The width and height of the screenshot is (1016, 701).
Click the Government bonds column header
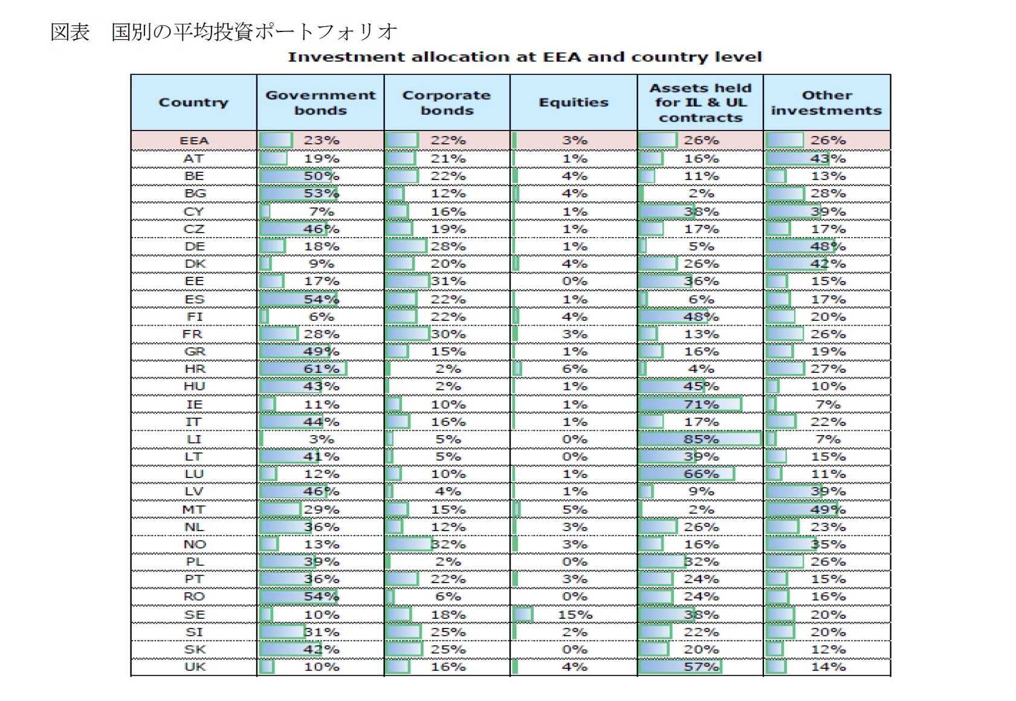(x=320, y=103)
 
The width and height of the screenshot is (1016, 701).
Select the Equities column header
(x=574, y=103)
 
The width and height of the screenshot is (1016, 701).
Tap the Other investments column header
(x=826, y=103)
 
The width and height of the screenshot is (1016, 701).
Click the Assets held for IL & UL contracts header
(x=700, y=103)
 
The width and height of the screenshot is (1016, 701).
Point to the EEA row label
(x=194, y=141)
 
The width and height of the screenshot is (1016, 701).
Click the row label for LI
(x=194, y=439)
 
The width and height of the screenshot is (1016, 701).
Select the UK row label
(x=195, y=667)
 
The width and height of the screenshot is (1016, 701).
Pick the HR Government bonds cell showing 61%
(x=321, y=369)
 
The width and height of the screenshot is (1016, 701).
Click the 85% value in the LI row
(x=701, y=439)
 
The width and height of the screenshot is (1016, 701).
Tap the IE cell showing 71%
(x=701, y=404)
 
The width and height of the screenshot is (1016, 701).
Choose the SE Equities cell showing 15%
(x=575, y=615)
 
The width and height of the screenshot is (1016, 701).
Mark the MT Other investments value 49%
(x=827, y=510)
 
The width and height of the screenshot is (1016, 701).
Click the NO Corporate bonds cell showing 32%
(x=448, y=544)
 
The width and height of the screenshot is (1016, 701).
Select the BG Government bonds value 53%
(x=321, y=194)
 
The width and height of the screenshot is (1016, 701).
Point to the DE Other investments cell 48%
(x=827, y=247)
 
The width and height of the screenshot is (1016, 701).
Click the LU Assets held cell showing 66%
(x=701, y=474)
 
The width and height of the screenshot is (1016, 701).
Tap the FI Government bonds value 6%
(x=321, y=317)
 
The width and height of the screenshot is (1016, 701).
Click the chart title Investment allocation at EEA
(x=524, y=57)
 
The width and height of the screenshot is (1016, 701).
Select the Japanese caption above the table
(x=224, y=31)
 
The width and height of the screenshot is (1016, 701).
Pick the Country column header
(x=193, y=103)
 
